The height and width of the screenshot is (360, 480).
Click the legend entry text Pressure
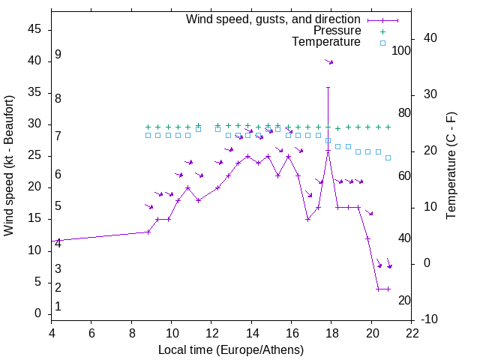337,31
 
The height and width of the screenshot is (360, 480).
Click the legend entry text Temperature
326,43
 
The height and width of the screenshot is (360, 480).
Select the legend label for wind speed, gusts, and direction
273,19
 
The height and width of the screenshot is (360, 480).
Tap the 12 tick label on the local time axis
211,334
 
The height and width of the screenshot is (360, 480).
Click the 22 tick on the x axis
412,334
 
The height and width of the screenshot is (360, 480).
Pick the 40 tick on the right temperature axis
430,38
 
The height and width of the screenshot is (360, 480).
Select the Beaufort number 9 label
58,55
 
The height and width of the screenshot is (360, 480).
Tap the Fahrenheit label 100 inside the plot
401,50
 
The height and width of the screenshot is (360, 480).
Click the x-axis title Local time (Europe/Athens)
231,350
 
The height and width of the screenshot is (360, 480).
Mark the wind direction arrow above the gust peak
328,61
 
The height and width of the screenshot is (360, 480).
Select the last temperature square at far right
388,157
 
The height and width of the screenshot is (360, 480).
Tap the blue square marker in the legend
382,43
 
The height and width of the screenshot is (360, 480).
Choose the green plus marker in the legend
382,31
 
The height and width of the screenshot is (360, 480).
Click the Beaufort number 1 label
58,306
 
